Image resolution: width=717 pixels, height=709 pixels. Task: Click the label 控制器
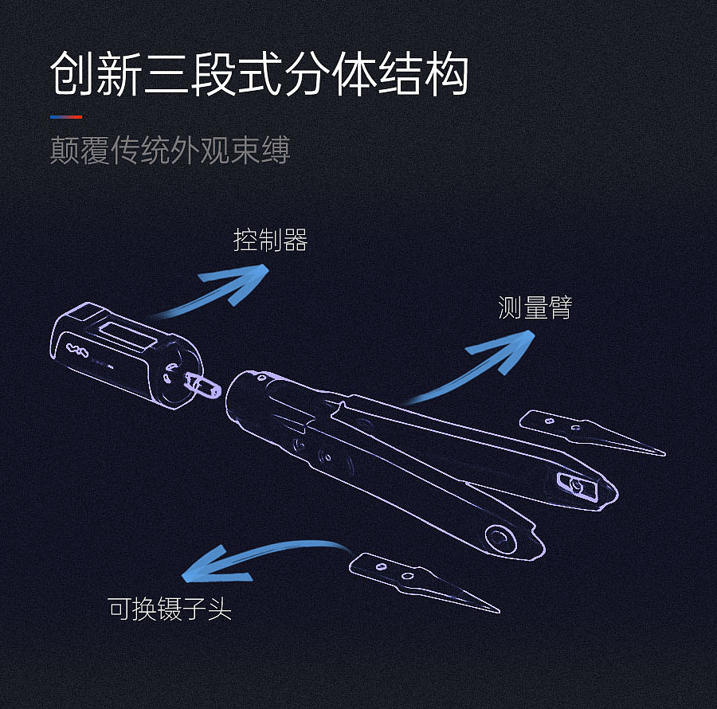pyautogui.click(x=270, y=240)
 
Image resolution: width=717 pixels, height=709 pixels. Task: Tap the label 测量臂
pyautogui.click(x=535, y=308)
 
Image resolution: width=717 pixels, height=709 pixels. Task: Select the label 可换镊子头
pyautogui.click(x=170, y=609)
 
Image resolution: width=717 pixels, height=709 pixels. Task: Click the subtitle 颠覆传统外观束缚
pyautogui.click(x=170, y=150)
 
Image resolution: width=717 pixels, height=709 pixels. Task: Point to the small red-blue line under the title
pyautogui.click(x=65, y=117)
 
